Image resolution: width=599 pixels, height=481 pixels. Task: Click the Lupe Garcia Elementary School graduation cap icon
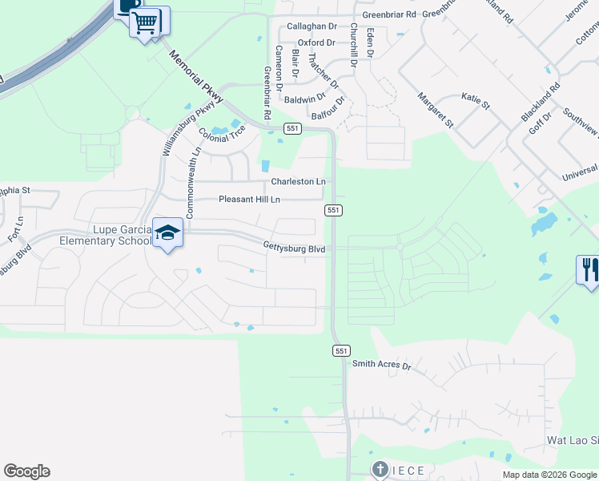coord(167,233)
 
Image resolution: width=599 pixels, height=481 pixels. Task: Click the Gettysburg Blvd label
coord(295,249)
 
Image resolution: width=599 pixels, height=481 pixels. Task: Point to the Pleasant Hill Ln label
coord(249,199)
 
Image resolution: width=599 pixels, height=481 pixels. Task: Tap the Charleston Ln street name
coord(298,182)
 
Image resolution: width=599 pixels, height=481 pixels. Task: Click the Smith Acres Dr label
coord(381,365)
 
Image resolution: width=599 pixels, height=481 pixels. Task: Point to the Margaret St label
coord(435,110)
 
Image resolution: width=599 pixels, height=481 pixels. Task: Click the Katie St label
coord(475,99)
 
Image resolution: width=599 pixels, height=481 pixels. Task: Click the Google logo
coord(26,471)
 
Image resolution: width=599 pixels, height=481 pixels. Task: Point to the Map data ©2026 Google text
coord(549,475)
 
